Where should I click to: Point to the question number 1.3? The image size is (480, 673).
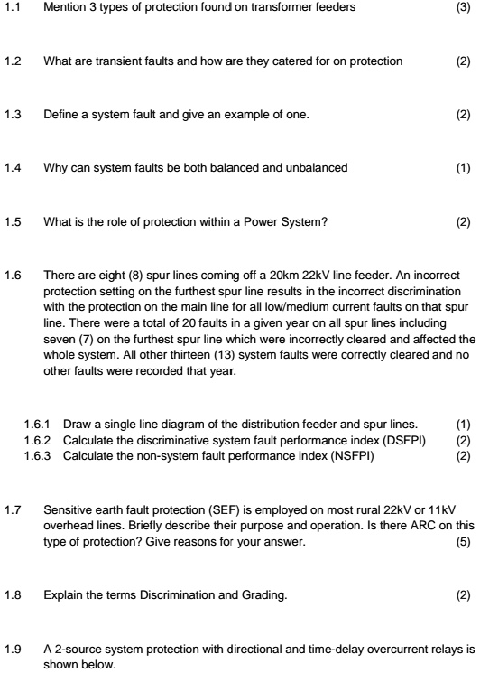[x=11, y=114]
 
